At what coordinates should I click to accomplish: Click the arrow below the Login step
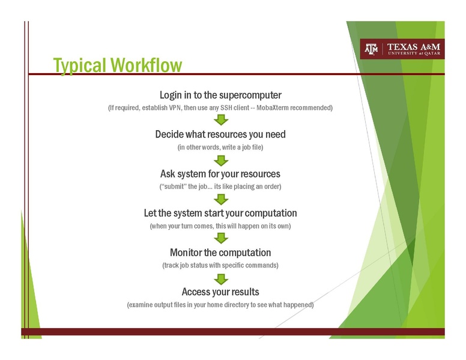pyautogui.click(x=221, y=121)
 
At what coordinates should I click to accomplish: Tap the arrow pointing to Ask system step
pyautogui.click(x=221, y=160)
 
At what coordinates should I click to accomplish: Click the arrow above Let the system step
pyautogui.click(x=221, y=199)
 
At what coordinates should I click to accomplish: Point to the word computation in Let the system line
pyautogui.click(x=267, y=213)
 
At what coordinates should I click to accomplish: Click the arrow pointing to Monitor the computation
pyautogui.click(x=221, y=239)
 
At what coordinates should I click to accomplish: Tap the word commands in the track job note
pyautogui.click(x=262, y=265)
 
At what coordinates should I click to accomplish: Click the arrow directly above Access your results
pyautogui.click(x=221, y=278)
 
